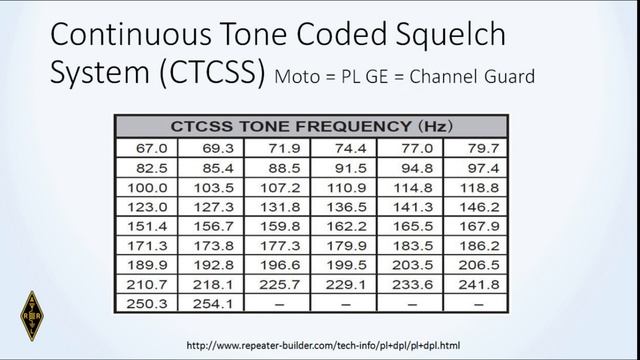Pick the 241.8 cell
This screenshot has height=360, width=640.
tap(475, 282)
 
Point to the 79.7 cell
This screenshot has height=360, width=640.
tap(475, 149)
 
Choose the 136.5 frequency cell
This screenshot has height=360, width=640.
tap(343, 206)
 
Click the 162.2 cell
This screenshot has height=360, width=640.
tap(343, 225)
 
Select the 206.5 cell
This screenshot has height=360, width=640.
tap(475, 263)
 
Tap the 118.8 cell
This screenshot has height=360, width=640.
tap(475, 186)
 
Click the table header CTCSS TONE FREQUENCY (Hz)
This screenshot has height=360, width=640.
tap(311, 127)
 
